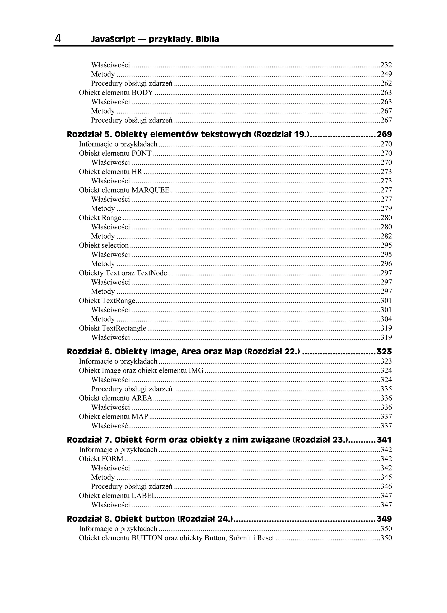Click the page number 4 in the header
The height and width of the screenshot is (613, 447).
(58, 39)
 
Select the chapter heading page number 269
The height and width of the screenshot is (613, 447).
(384, 134)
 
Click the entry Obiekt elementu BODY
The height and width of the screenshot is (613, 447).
(116, 93)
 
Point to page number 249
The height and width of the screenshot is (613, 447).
(386, 74)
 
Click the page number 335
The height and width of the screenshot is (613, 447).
(386, 389)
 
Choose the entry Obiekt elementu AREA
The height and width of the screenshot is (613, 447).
(115, 398)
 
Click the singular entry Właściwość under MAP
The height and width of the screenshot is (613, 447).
(109, 426)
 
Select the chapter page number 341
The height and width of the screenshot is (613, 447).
(384, 440)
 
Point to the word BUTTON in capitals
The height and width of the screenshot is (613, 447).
(147, 538)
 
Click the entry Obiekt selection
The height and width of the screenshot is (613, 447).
(104, 245)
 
